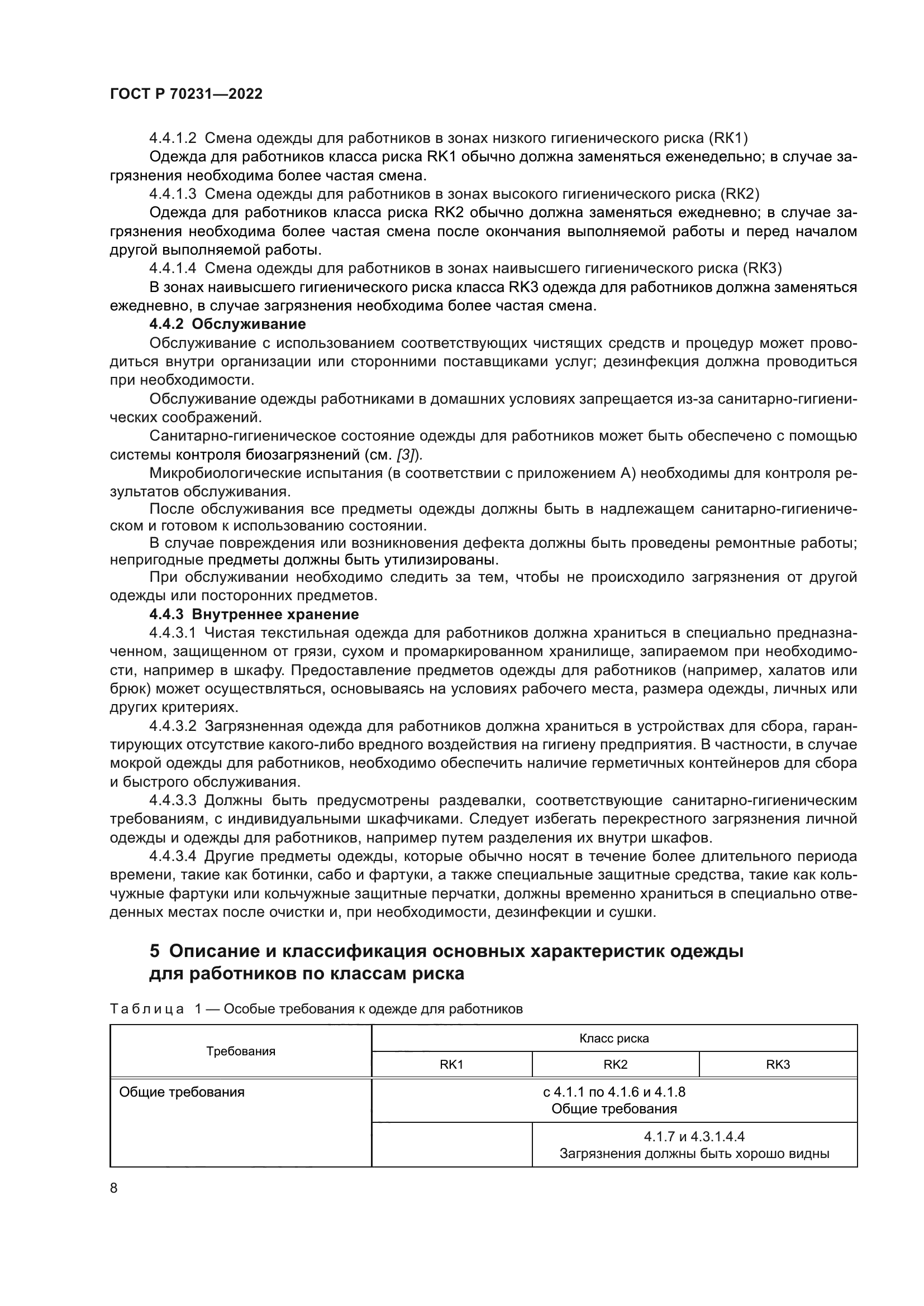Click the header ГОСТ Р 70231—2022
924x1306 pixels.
pyautogui.click(x=186, y=94)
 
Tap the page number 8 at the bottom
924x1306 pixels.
pyautogui.click(x=114, y=1188)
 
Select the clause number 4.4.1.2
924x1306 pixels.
pyautogui.click(x=173, y=138)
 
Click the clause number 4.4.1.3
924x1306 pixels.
pyautogui.click(x=173, y=194)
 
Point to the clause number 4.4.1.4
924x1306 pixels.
pyautogui.click(x=173, y=269)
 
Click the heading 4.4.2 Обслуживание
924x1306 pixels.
pyautogui.click(x=227, y=324)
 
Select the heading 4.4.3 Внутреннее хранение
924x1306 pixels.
pyautogui.click(x=254, y=614)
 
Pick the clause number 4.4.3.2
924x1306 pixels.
pyautogui.click(x=173, y=726)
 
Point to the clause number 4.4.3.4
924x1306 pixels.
pyautogui.click(x=173, y=857)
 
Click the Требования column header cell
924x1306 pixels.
pyautogui.click(x=241, y=1051)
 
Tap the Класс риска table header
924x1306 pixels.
pyautogui.click(x=614, y=1038)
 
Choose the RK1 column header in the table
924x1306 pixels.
pyautogui.click(x=451, y=1064)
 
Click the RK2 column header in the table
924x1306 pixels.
pyautogui.click(x=615, y=1064)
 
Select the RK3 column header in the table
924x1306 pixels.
pyautogui.click(x=778, y=1064)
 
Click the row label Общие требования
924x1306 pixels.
pyautogui.click(x=182, y=1092)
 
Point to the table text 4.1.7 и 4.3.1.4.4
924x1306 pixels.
pyautogui.click(x=694, y=1136)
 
